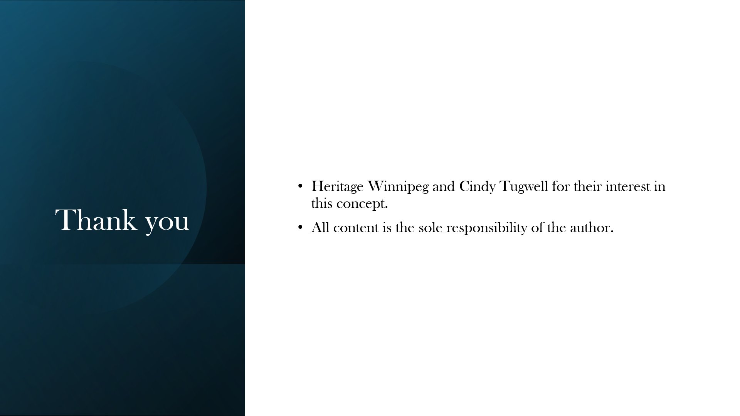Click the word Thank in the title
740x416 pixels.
coord(96,220)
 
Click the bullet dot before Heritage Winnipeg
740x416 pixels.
coord(301,186)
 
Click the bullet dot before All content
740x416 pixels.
coord(301,228)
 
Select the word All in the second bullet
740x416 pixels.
coord(320,228)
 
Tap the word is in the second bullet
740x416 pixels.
coord(387,228)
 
